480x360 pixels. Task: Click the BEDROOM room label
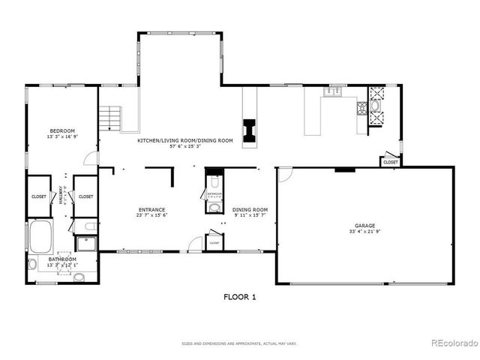pos(62,130)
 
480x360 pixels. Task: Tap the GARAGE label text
pos(364,225)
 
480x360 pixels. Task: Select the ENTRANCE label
pos(151,209)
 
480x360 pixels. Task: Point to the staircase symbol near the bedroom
pos(111,118)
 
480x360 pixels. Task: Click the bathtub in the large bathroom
pos(40,235)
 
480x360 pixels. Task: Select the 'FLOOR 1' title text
pos(240,297)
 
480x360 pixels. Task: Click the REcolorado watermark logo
pos(454,343)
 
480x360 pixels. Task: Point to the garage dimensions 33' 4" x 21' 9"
pos(364,232)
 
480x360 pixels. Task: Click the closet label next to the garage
pos(390,162)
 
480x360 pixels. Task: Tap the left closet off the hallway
pos(39,196)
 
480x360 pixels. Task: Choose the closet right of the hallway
pos(85,196)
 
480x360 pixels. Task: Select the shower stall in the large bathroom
pos(86,244)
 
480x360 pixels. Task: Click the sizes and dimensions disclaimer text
pos(239,343)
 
